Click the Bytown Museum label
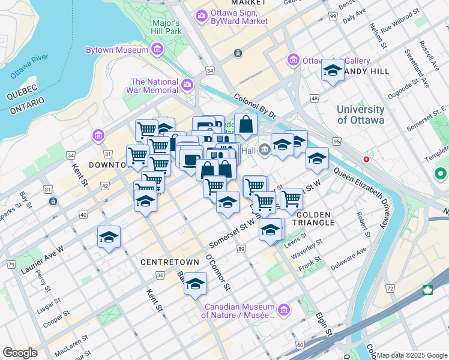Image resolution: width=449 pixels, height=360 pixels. point(117,50)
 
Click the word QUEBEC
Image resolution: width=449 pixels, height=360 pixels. point(22,88)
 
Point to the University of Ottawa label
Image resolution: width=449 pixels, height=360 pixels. point(360,115)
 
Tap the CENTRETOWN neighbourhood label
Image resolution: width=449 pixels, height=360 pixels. point(165,263)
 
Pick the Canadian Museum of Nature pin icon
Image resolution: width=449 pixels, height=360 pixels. point(284,310)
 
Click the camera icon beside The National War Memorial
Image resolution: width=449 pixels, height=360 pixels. point(187,85)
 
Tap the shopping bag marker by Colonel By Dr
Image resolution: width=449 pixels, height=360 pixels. point(246,125)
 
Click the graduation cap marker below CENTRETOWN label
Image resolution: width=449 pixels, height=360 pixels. point(195,285)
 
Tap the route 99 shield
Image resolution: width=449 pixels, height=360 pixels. point(332,16)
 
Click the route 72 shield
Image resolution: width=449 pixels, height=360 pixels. point(390,289)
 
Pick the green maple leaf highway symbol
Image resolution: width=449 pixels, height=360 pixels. point(427,290)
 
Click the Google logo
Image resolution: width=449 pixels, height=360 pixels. point(20,353)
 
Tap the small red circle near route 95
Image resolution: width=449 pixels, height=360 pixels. point(366,160)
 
